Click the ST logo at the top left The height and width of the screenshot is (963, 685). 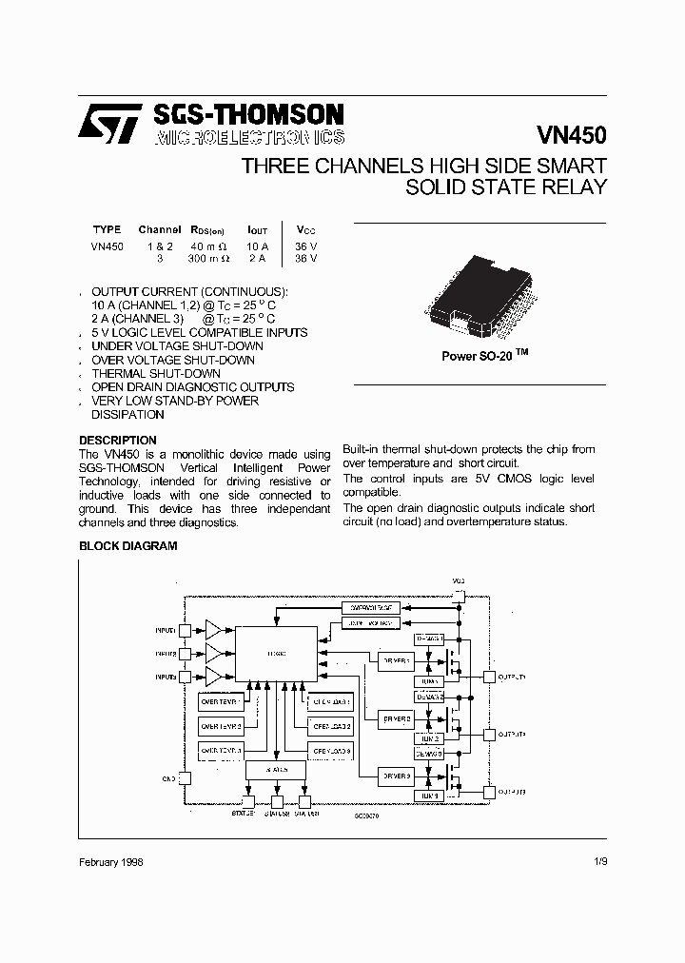110,124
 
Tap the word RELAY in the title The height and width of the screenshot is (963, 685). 572,187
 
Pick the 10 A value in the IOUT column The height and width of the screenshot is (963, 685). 257,245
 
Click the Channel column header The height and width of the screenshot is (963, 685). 159,230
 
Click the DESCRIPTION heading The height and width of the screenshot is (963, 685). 117,441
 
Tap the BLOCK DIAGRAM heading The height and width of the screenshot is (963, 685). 127,546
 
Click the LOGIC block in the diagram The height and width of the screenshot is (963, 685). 276,653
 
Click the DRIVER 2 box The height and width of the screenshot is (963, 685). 397,718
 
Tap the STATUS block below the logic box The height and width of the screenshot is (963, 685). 276,768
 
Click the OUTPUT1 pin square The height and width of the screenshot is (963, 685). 489,678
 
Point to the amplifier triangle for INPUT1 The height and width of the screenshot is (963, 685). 213,630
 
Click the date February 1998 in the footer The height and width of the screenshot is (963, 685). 111,861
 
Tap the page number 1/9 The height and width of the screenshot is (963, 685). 597,861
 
